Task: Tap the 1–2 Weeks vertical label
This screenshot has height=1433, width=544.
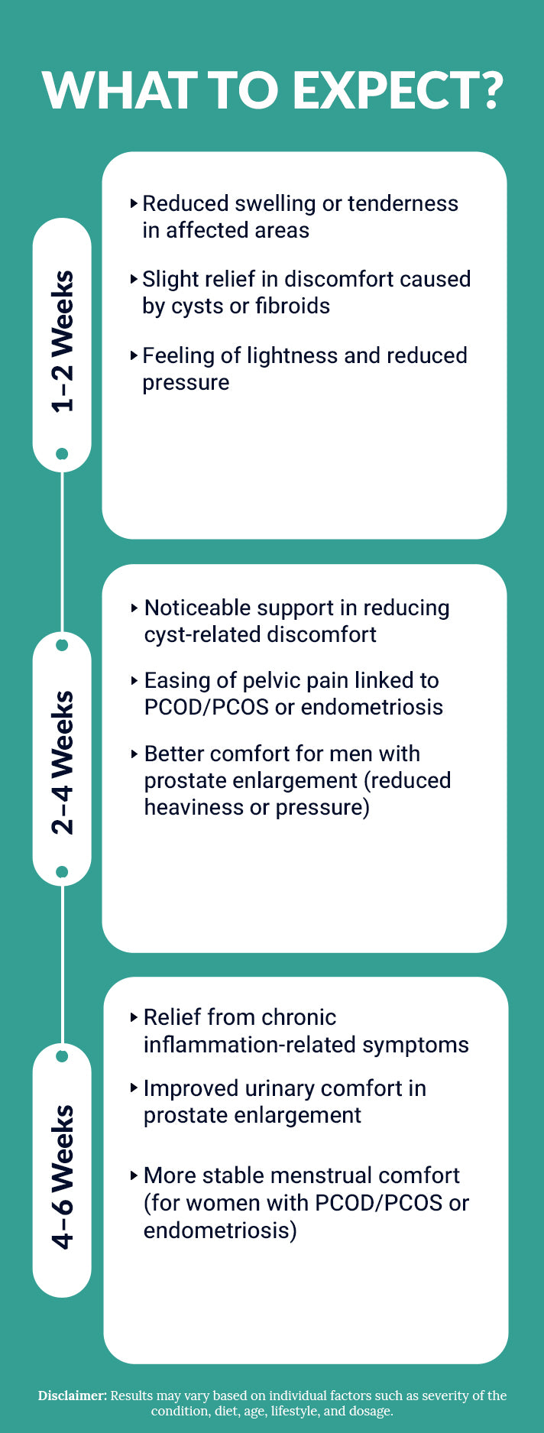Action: pos(63,342)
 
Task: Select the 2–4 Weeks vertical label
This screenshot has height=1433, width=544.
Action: pos(63,762)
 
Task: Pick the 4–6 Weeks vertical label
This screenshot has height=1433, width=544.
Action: pos(63,1177)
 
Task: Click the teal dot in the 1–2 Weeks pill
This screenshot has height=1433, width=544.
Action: pos(63,454)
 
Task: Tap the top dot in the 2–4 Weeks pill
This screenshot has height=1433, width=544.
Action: pos(63,645)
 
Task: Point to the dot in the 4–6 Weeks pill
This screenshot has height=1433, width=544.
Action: pos(63,1056)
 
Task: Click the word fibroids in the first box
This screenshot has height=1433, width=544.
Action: pos(292,306)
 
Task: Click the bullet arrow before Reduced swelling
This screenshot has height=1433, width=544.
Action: pos(134,203)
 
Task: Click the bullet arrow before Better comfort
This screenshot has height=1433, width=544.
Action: pos(135,754)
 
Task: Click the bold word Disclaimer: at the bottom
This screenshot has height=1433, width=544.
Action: pos(73,1396)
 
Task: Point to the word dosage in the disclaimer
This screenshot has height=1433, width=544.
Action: pos(370,1411)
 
